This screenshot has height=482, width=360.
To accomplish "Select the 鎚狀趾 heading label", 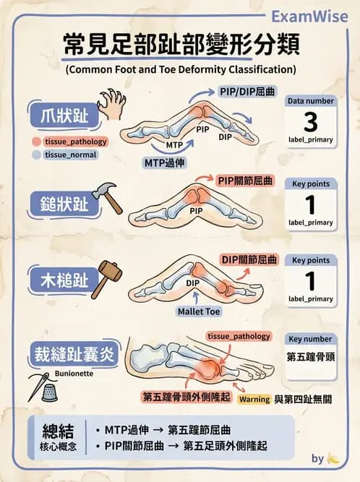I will [x=59, y=204].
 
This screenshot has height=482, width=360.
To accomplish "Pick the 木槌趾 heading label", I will [x=59, y=277].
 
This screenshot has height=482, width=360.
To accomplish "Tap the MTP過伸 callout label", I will [x=165, y=163].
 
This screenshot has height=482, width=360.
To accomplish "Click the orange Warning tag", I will [x=254, y=399].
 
